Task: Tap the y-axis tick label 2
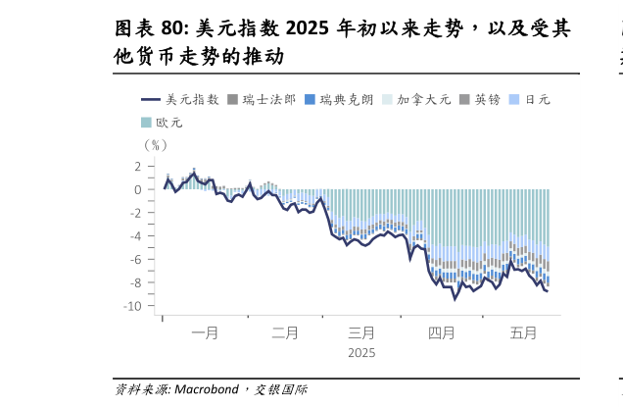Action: coord(138,166)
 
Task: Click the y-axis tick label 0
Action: coord(138,189)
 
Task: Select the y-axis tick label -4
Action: coord(135,236)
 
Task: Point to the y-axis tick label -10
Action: coord(133,306)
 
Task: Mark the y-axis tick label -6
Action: coord(135,260)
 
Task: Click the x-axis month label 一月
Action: coord(205,333)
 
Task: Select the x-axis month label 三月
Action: coord(361,333)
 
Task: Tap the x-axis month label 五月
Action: coord(523,333)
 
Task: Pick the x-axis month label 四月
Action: coord(442,333)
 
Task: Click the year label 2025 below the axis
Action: coord(361,353)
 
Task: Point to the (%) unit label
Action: coord(156,144)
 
